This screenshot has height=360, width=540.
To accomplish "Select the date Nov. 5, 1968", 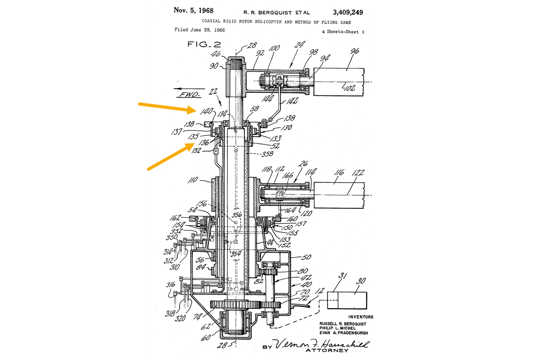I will click(x=193, y=10).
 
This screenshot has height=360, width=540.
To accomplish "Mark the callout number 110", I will click(x=194, y=181).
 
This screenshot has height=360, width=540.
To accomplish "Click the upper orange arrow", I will click(x=166, y=108).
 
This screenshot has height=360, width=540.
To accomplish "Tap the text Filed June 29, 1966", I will click(x=199, y=30).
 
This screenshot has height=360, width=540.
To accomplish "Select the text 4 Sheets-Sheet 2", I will click(x=343, y=31).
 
